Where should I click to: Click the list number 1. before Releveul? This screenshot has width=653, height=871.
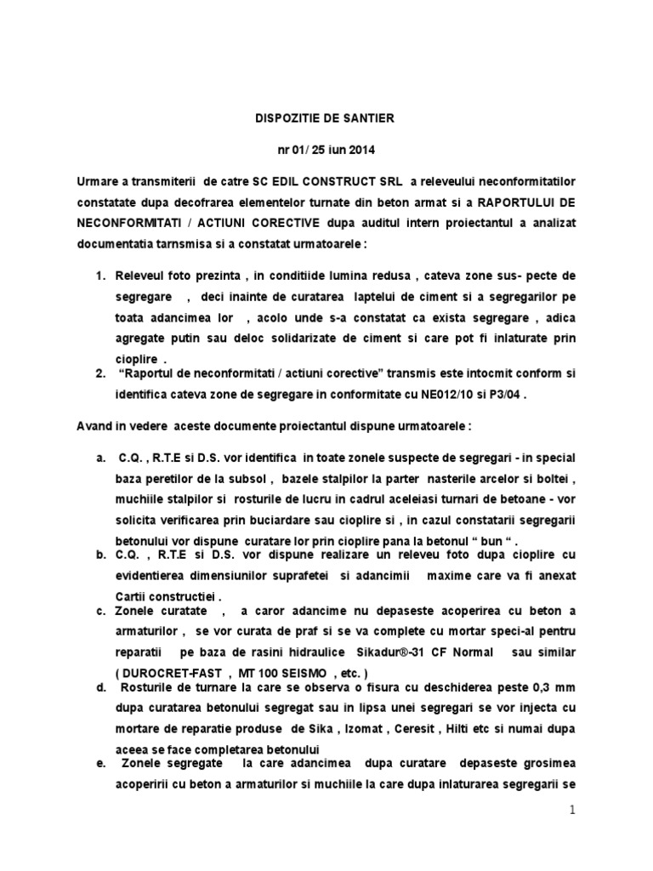click(99, 276)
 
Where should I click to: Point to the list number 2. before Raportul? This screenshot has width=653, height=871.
click(99, 373)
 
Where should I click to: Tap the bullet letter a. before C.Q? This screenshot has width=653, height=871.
click(99, 458)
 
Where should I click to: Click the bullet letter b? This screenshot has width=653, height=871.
click(99, 555)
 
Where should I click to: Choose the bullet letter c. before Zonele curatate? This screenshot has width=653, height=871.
click(99, 610)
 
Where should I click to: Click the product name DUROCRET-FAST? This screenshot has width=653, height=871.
click(168, 671)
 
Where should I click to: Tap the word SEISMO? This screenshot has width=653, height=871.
click(304, 671)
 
